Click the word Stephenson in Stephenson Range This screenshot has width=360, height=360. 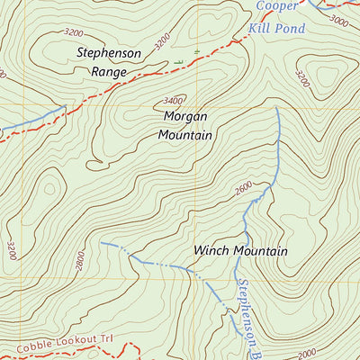[x=108, y=53]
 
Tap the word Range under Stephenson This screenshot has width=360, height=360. [x=108, y=70]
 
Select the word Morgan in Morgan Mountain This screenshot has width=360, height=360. [x=186, y=117]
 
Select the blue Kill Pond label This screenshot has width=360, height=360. [x=277, y=29]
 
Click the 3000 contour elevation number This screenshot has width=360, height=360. [x=339, y=19]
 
